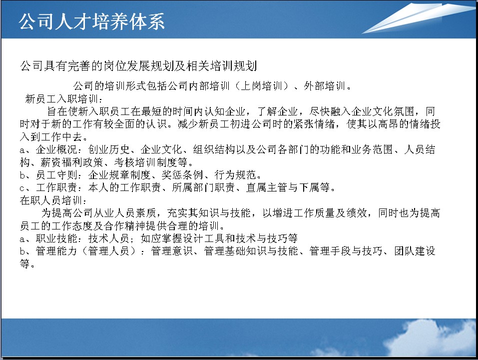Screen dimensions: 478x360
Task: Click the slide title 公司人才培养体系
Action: (x=91, y=21)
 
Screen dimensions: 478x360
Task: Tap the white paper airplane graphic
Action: (x=418, y=18)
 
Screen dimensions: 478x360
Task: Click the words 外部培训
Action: (x=324, y=86)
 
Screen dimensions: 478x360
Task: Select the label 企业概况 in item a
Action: (x=56, y=149)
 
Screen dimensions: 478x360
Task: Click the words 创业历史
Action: (x=109, y=149)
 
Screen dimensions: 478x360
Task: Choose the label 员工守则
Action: (x=56, y=175)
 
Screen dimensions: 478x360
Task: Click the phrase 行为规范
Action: (x=235, y=175)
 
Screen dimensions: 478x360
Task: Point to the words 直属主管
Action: (x=266, y=187)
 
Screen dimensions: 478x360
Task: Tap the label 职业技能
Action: (x=56, y=238)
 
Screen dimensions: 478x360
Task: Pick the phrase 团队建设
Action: (x=415, y=251)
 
